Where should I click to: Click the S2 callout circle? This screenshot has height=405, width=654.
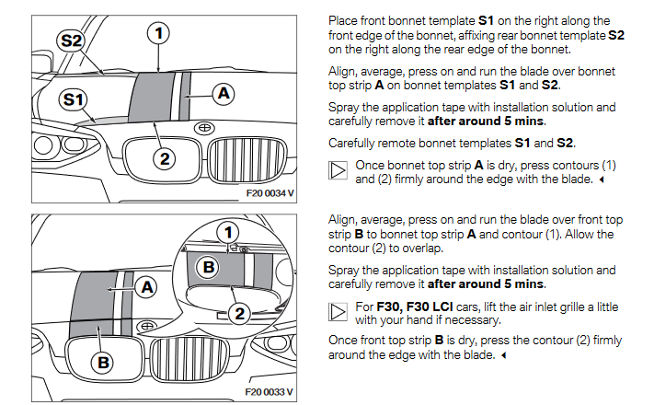coord(71,40)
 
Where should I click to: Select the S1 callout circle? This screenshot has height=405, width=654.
coord(74,98)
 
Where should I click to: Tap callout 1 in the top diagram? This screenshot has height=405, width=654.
coord(160,33)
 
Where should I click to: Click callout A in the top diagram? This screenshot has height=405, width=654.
coord(223,92)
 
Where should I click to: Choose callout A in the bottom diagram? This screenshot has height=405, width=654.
coord(143,286)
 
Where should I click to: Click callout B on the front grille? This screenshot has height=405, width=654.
coord(103,363)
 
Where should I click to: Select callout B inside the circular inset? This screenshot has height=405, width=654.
coord(209,268)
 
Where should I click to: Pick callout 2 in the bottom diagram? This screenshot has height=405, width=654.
coord(240,314)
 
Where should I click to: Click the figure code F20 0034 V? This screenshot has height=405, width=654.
coord(270,195)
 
